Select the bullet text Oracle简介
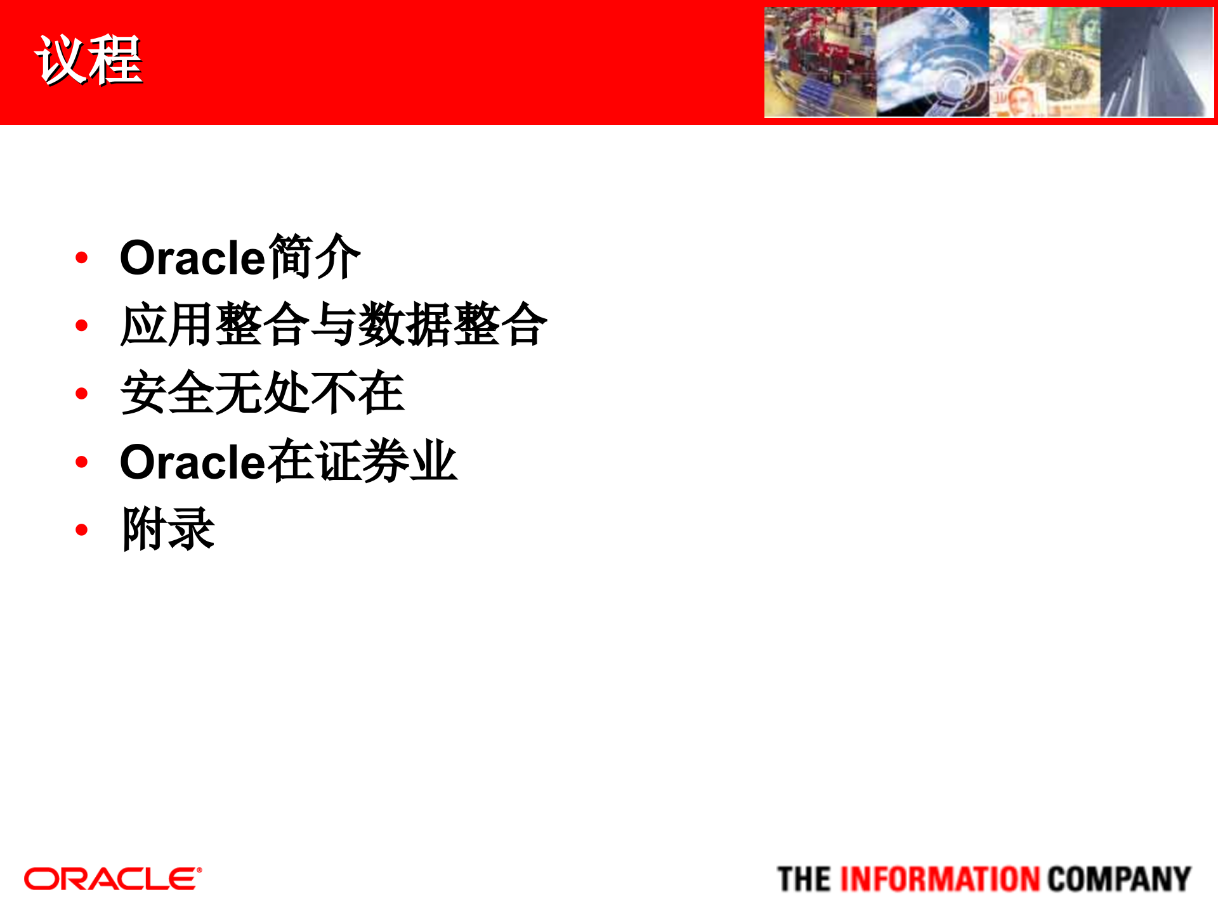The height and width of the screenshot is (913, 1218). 240,257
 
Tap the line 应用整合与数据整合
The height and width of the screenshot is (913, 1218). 334,325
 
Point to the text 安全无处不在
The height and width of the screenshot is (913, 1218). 262,393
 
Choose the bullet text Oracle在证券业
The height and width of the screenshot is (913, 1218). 288,462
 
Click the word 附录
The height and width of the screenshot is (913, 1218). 169,529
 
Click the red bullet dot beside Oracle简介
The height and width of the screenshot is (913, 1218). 81,257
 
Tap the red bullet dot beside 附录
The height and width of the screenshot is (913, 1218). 81,529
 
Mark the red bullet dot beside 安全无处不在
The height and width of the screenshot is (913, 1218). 81,394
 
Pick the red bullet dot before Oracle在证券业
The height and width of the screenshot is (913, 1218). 81,462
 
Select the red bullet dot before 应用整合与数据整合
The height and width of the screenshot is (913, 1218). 81,326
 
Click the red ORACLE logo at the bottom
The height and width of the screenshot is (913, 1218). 113,879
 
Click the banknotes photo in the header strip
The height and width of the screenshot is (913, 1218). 1045,62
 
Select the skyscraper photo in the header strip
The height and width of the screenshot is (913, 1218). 1157,62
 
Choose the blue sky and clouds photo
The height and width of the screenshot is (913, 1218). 933,62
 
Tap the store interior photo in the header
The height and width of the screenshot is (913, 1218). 820,62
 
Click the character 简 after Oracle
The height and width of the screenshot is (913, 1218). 291,257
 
